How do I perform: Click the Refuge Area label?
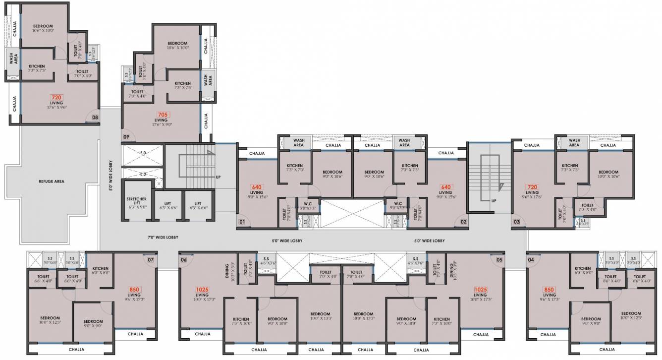click(x=52, y=181)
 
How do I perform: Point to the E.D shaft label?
click(x=143, y=174)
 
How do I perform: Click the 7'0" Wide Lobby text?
click(x=163, y=238)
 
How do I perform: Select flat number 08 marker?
click(x=95, y=118)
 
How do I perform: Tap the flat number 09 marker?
click(x=126, y=137)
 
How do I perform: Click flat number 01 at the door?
click(x=242, y=222)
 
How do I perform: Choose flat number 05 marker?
click(x=499, y=259)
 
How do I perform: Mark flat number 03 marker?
click(x=516, y=222)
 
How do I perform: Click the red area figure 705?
click(x=161, y=115)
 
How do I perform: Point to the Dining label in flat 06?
click(x=227, y=271)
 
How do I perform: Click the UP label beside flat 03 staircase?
click(x=494, y=201)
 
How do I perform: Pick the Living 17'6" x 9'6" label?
click(x=56, y=105)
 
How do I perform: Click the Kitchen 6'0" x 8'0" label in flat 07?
click(x=101, y=270)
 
